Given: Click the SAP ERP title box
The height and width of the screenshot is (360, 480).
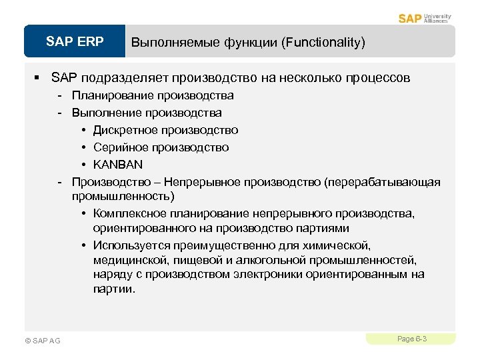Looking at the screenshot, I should click(75, 42).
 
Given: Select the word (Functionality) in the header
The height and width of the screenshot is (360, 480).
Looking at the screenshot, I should click(323, 43).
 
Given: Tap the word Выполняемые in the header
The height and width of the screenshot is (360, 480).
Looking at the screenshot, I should click(167, 43).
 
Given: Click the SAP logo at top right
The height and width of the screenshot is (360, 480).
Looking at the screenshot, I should click(409, 18).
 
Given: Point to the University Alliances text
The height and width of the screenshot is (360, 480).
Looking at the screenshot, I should click(437, 18).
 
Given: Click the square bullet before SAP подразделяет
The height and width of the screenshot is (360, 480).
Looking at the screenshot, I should click(39, 78).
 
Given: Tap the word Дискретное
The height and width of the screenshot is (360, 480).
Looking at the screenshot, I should click(123, 130).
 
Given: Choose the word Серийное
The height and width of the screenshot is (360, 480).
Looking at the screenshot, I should click(119, 147).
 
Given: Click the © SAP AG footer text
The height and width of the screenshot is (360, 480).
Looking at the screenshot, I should click(42, 341).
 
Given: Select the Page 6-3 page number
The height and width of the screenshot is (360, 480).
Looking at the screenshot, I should click(411, 339).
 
